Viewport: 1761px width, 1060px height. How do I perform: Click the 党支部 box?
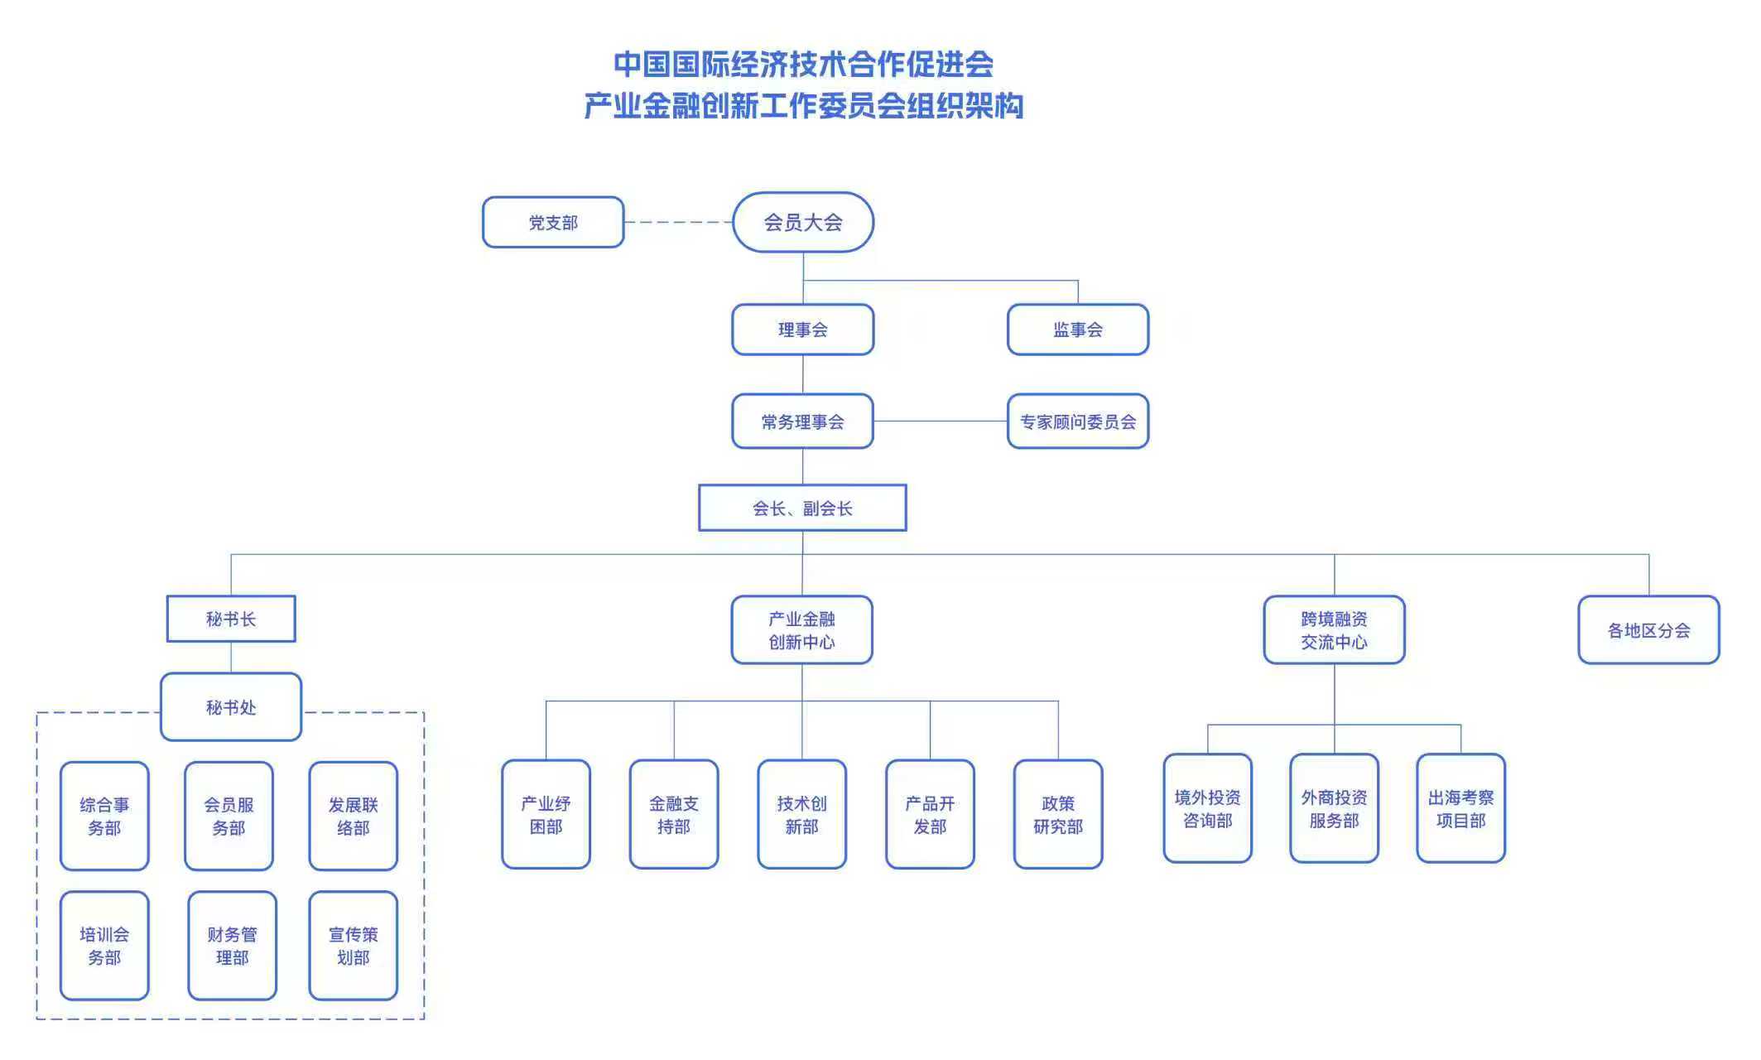(x=553, y=222)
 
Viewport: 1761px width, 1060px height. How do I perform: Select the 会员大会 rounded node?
(x=802, y=222)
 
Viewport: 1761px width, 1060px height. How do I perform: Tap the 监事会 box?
(x=1077, y=330)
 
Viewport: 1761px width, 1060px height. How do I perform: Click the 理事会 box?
(x=802, y=330)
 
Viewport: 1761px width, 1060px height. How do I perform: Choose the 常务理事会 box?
(x=802, y=422)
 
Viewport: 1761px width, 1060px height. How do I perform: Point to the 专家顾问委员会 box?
(x=1077, y=422)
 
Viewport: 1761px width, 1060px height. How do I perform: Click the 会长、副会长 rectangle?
(x=802, y=508)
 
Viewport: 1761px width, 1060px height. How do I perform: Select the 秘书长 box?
(x=231, y=619)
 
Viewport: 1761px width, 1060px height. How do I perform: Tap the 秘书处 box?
(x=231, y=706)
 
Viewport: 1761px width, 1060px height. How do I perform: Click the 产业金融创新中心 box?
(x=801, y=630)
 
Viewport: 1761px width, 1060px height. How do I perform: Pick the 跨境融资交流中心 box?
(x=1334, y=630)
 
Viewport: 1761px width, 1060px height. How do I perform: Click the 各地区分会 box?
(x=1648, y=630)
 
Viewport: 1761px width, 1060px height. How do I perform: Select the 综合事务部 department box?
(x=104, y=816)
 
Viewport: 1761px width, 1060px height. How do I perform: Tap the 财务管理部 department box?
(x=232, y=946)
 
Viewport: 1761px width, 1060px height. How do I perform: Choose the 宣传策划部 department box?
(x=353, y=946)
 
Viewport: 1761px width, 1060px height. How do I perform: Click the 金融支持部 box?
(x=673, y=814)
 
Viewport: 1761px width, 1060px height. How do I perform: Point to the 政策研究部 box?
(x=1057, y=814)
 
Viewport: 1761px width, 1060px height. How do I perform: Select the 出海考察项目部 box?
(x=1460, y=808)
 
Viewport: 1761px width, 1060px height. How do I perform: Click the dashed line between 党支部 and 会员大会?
(x=678, y=222)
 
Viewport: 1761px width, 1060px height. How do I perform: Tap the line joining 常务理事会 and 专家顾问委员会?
(x=941, y=422)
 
